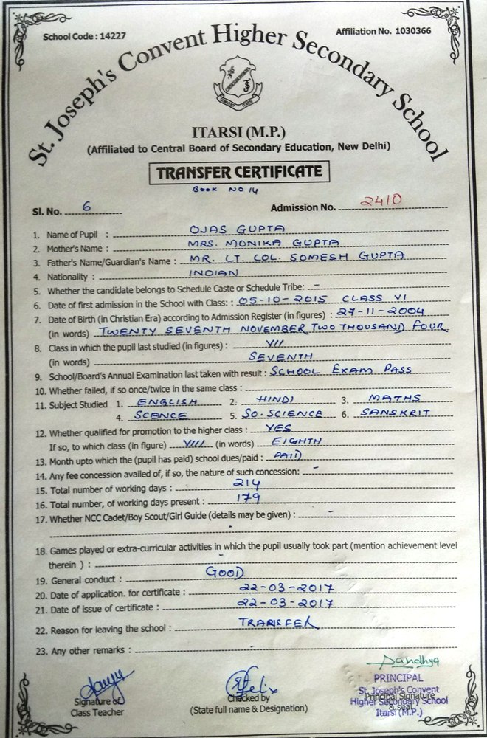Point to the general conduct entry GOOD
click(226, 573)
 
